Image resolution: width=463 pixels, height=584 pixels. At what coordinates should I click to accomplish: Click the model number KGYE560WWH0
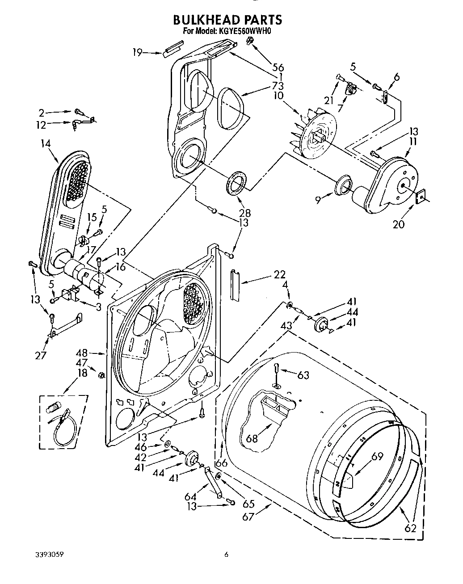click(245, 32)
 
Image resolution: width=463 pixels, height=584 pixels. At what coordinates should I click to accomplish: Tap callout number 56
click(278, 67)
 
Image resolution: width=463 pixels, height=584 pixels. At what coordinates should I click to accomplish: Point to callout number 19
click(137, 53)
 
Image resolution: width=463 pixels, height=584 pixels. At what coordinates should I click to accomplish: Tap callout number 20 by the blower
click(398, 224)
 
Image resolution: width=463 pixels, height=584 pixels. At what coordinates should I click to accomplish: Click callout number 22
click(279, 275)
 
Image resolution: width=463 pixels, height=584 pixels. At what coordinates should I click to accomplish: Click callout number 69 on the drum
click(378, 457)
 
